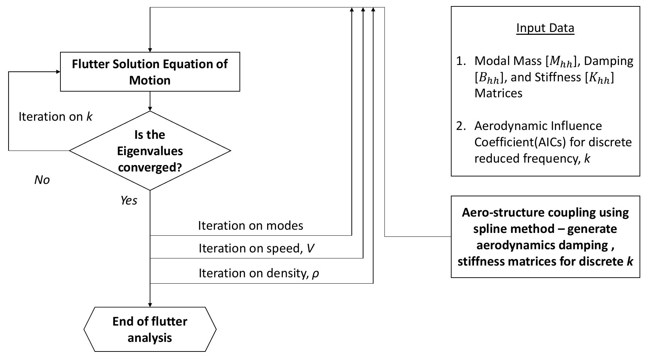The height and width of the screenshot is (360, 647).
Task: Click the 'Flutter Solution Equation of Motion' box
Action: (x=150, y=72)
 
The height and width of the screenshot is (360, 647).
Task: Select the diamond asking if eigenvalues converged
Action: (x=150, y=151)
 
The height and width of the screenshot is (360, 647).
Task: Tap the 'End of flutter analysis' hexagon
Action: (x=150, y=329)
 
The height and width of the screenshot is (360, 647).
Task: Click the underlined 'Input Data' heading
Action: (x=545, y=28)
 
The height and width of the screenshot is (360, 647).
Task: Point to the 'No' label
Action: (x=42, y=180)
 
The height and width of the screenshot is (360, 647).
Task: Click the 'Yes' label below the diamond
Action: (x=129, y=201)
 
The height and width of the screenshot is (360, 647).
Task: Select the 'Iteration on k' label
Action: (x=55, y=117)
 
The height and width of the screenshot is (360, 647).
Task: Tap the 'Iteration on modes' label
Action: (x=250, y=225)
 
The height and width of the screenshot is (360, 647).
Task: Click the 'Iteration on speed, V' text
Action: (x=256, y=248)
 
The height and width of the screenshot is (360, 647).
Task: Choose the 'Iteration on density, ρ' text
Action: (x=259, y=273)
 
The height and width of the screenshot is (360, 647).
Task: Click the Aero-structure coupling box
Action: (x=545, y=237)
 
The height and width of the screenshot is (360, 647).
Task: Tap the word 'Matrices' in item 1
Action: (x=498, y=93)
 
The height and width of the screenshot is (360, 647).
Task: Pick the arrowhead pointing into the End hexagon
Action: (x=150, y=305)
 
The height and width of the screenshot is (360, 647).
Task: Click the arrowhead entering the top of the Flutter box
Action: (x=150, y=50)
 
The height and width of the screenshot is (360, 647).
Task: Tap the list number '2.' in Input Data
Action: (x=461, y=126)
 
